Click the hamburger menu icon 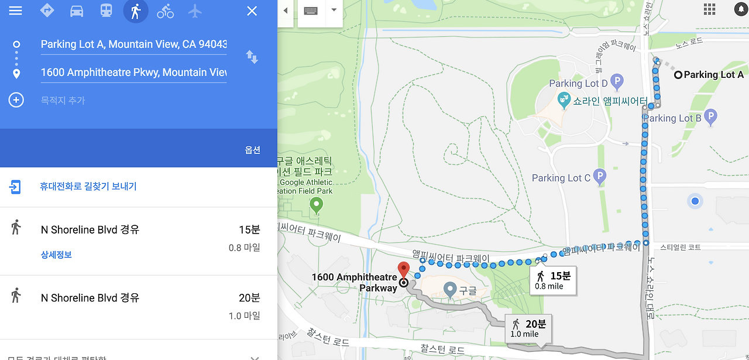15,11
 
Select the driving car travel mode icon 77,11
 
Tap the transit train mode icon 106,11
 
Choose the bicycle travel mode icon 166,11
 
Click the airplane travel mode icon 195,11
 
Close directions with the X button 252,11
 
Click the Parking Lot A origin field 133,44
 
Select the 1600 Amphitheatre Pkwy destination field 133,73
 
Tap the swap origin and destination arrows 252,57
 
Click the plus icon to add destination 16,100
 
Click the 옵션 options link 252,150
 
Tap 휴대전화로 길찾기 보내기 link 88,186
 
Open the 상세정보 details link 56,255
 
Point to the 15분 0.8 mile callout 553,280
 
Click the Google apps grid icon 710,9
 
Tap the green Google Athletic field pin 317,205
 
